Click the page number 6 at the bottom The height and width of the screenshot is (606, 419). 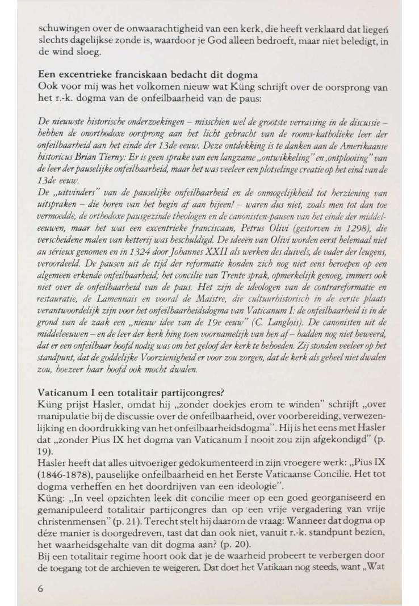[x=40, y=573]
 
